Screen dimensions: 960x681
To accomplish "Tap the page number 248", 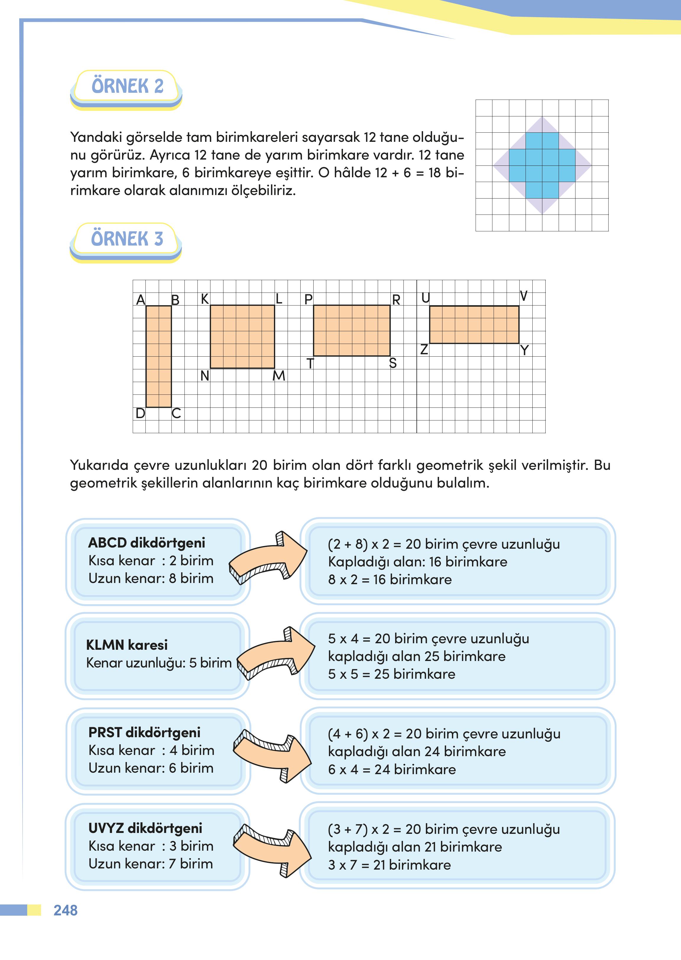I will (x=65, y=910).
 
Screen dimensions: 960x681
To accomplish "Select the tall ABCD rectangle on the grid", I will (x=158, y=356).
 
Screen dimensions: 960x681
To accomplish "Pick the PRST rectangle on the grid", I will (x=351, y=331).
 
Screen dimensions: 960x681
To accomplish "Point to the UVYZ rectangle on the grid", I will (x=474, y=325).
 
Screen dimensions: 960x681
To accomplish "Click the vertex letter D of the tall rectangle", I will (x=140, y=413).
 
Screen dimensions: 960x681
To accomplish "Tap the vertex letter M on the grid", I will (x=279, y=376).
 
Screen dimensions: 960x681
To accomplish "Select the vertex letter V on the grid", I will (x=523, y=296).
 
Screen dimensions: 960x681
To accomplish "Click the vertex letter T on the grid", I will (x=310, y=363).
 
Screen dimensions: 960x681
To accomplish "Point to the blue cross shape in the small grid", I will (x=542, y=165).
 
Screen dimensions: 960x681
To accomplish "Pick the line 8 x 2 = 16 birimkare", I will (x=390, y=580).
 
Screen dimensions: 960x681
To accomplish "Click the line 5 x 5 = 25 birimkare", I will (x=391, y=674).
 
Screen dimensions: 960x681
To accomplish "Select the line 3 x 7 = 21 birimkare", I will (x=389, y=865).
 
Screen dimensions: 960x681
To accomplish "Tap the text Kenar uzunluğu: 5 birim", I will (x=158, y=663).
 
